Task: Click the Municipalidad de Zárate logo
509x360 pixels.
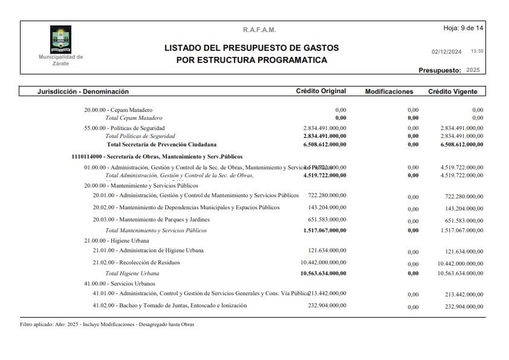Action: [x=60, y=39]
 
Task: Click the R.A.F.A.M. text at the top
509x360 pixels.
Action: [x=259, y=30]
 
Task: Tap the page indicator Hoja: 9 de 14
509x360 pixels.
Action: [x=463, y=28]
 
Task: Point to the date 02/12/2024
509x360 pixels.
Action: [x=446, y=52]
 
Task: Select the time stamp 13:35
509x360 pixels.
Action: [x=477, y=51]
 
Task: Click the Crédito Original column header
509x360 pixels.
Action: [x=320, y=91]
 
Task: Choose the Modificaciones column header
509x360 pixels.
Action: [x=389, y=92]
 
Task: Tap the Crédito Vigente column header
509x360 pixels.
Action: [x=453, y=92]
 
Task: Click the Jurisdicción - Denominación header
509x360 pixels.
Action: [x=83, y=92]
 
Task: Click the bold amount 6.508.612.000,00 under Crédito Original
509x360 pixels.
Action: [x=325, y=145]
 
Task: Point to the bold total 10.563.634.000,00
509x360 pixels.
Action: [x=323, y=273]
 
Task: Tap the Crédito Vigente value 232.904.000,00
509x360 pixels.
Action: [x=464, y=307]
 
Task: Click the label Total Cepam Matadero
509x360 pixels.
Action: [x=134, y=117]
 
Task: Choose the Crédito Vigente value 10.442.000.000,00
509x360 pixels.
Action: [x=460, y=264]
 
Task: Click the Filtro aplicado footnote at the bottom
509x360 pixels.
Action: [x=107, y=324]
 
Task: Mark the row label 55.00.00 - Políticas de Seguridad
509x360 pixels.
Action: [x=124, y=128]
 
